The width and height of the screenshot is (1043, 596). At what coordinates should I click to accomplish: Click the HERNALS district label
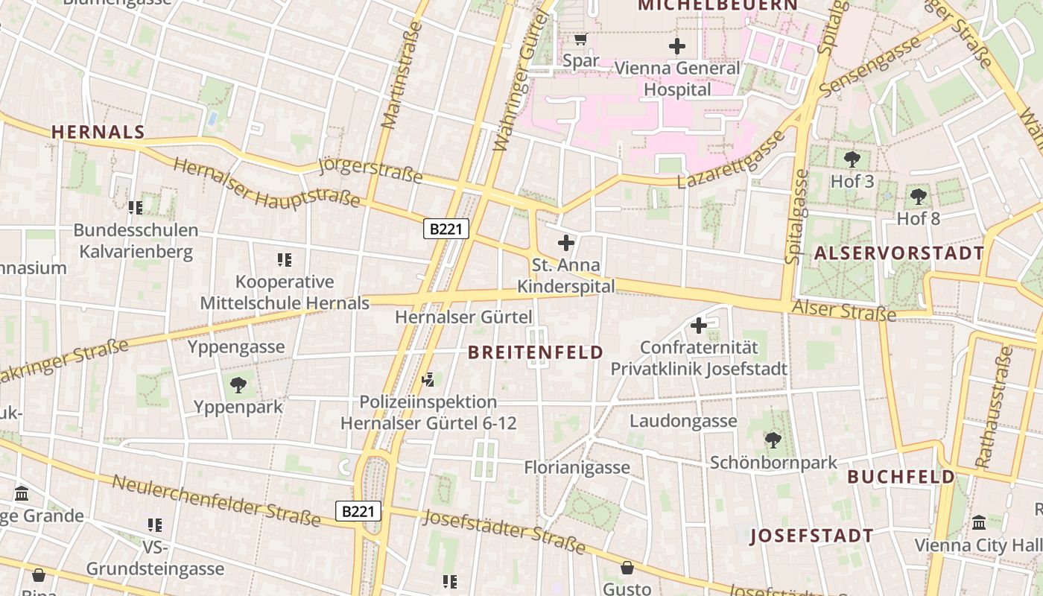pos(98,133)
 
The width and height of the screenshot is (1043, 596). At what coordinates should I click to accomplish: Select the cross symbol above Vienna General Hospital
pos(676,46)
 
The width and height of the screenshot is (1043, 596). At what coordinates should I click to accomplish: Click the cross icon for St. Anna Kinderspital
pos(566,242)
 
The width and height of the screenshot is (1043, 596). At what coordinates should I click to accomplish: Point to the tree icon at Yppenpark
pos(238,384)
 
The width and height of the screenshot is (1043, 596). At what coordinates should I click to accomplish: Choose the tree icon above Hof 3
pos(852,159)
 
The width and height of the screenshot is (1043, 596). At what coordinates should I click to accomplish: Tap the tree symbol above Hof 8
pos(918,196)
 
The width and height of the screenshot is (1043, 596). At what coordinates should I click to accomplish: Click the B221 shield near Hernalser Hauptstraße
pos(446,229)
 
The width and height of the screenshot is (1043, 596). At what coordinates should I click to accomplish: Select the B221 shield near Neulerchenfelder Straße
pos(358,511)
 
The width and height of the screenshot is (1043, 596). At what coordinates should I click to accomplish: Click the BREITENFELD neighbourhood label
pos(536,353)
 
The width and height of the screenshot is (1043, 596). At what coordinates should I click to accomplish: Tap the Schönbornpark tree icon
pos(773,440)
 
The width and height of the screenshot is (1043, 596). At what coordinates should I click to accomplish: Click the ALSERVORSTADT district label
pos(899,253)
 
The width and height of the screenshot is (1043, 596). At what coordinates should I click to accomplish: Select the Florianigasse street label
pos(577,468)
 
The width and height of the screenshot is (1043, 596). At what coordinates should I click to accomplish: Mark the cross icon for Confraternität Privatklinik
pos(698,325)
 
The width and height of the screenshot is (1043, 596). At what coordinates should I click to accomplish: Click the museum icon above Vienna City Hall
pos(978,522)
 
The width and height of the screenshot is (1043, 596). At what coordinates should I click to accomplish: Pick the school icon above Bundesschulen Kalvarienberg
pos(135,207)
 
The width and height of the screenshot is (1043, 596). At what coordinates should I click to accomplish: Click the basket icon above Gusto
pos(627,568)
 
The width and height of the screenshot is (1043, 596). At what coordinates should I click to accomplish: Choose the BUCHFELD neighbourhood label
pos(901,477)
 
